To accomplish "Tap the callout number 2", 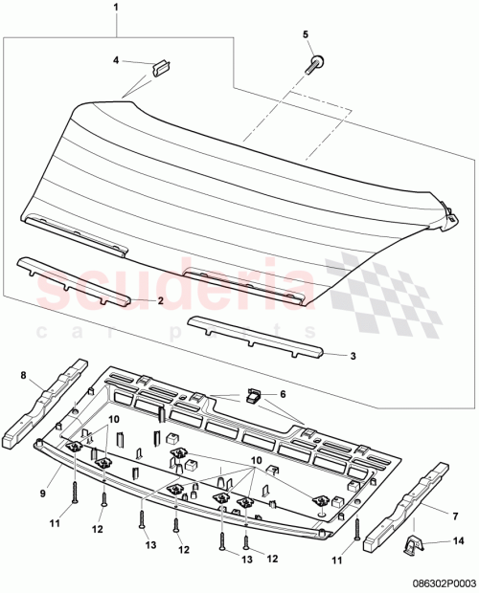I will [x=160, y=300].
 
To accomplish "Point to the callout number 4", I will [x=116, y=60].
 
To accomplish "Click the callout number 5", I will [x=308, y=35].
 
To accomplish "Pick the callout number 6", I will [x=283, y=394].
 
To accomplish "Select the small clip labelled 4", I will [x=159, y=67].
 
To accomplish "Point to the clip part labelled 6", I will [x=254, y=394].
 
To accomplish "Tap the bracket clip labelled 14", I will [x=415, y=546].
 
